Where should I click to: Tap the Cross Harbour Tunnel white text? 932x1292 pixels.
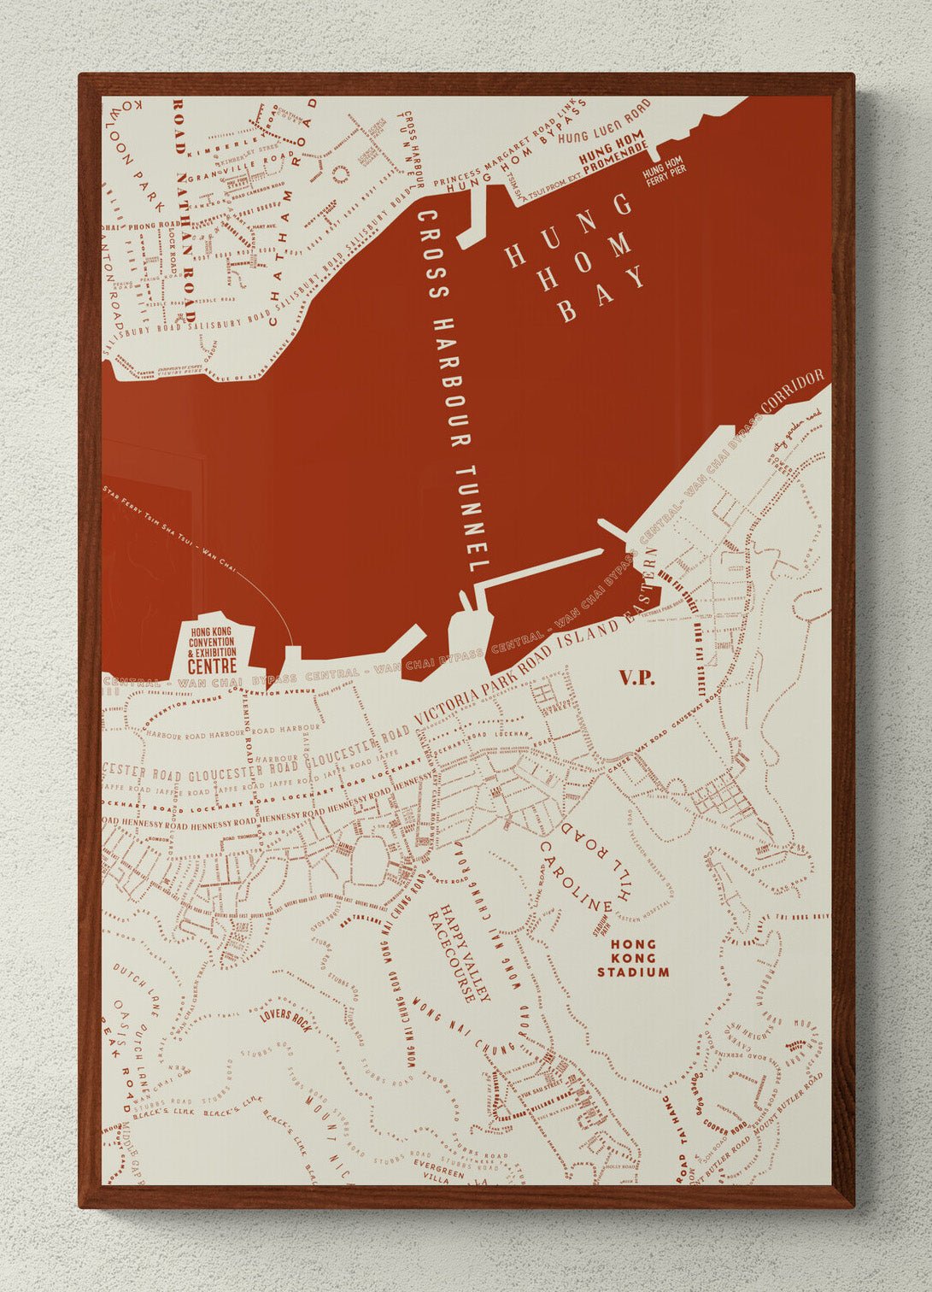(x=453, y=393)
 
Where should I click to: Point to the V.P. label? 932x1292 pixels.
(x=636, y=678)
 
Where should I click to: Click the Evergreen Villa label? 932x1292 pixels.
(x=439, y=1170)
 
